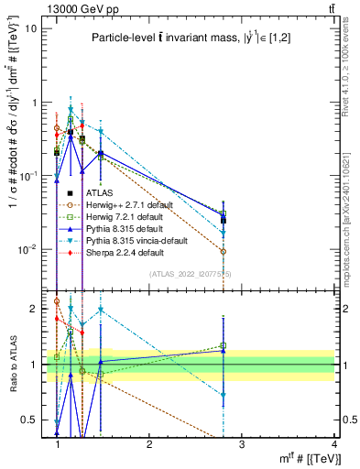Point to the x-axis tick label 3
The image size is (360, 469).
point(242,443)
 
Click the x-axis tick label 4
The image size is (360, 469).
point(334,443)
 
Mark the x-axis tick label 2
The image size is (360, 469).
point(149,443)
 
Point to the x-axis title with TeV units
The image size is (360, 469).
point(304,457)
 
